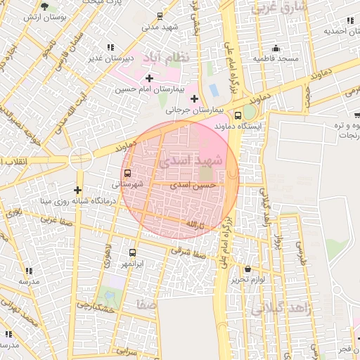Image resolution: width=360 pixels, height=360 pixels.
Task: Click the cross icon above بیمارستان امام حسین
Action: pos(149,77)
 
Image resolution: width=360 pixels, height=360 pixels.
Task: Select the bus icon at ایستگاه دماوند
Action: pos(238,115)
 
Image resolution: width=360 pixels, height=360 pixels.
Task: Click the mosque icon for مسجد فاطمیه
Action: pos(276,49)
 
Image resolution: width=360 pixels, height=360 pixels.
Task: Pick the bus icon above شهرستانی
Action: pos(127,173)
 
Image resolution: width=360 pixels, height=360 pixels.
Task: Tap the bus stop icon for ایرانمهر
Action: pos(132,252)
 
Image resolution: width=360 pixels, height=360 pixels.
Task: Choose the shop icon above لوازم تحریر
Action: pos(247,269)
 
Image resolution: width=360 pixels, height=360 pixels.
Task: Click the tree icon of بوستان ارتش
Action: pos(46,6)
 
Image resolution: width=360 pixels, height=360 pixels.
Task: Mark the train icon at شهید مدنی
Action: pos(160,16)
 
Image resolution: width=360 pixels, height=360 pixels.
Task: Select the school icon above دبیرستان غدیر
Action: pos(110,47)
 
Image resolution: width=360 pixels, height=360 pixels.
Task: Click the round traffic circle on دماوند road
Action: pos(82,158)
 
